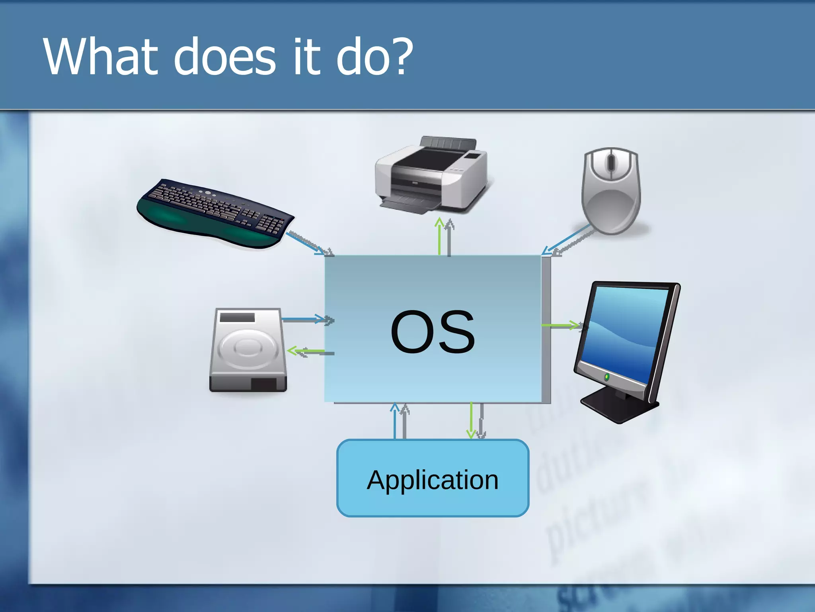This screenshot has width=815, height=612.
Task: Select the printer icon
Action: (432, 175)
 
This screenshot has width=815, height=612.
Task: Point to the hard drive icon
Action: (248, 350)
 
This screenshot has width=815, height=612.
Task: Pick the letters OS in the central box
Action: (433, 332)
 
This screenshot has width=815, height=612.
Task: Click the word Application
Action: (433, 480)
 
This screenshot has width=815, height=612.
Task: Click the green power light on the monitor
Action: (606, 377)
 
